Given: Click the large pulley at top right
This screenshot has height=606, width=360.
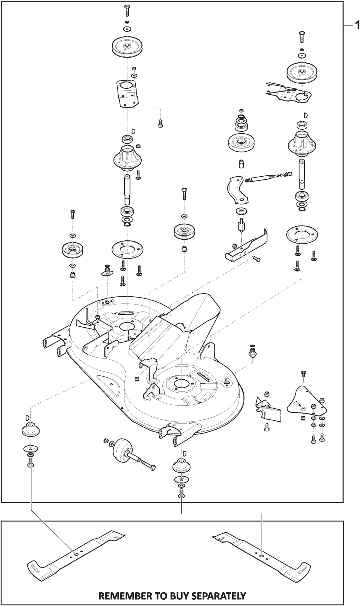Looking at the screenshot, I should [x=302, y=72].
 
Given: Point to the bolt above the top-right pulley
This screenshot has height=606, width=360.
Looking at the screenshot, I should [x=302, y=37].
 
